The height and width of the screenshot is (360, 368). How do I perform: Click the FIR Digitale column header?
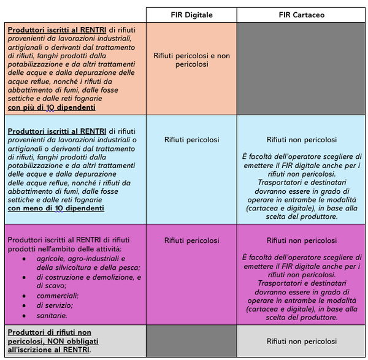(x=191, y=15)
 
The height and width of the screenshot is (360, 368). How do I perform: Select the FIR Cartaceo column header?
(x=301, y=15)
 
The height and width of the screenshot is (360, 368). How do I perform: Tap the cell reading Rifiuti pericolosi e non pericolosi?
(x=191, y=59)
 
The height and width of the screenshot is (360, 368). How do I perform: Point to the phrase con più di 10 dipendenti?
(x=52, y=107)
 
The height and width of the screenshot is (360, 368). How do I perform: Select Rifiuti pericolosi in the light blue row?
(x=191, y=140)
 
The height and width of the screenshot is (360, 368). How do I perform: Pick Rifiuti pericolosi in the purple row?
(x=191, y=240)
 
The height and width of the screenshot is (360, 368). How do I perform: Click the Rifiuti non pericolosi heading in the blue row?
(x=301, y=140)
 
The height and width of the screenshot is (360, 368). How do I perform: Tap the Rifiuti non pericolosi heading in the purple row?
(x=301, y=240)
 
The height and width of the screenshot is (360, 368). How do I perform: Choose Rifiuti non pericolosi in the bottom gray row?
(x=301, y=341)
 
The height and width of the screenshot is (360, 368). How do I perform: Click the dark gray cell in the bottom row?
(x=191, y=341)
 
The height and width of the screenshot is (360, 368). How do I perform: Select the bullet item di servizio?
(x=55, y=305)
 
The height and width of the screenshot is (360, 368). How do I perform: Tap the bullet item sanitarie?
(x=52, y=315)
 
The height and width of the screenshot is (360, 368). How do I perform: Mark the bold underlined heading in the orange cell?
(x=57, y=29)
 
